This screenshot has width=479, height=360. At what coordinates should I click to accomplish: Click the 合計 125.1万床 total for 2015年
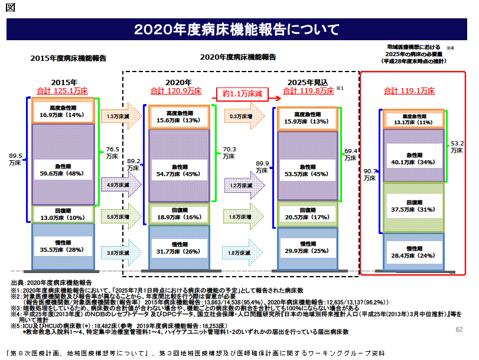click(x=63, y=91)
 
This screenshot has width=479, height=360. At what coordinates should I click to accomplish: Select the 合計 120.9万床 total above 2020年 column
click(x=175, y=91)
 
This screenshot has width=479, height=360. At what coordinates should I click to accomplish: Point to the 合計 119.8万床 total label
click(x=308, y=91)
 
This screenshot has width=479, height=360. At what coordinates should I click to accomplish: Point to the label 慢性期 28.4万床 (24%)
click(x=412, y=253)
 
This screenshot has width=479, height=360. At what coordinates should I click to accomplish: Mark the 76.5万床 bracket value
click(x=112, y=153)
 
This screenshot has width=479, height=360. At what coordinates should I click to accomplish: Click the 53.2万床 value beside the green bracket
click(x=456, y=146)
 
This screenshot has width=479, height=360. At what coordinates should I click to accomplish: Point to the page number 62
click(x=459, y=328)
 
